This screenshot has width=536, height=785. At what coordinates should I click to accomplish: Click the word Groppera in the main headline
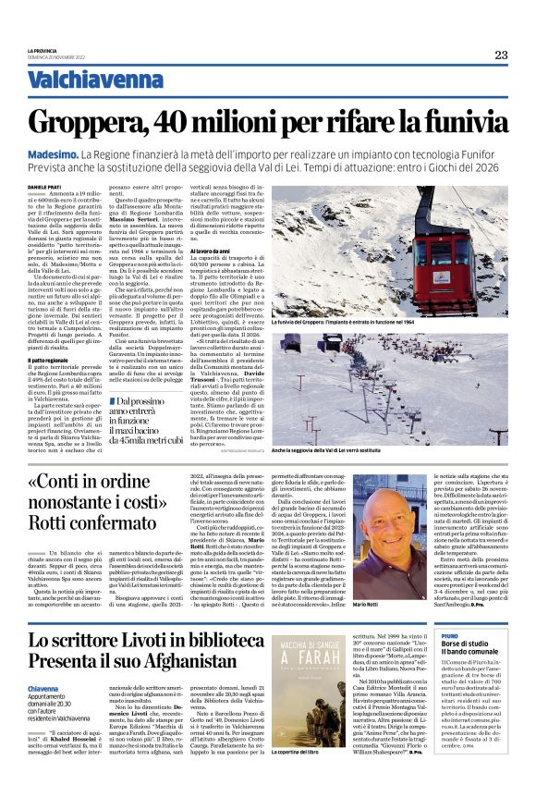93,121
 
